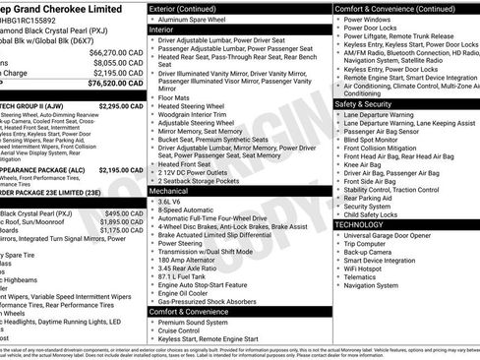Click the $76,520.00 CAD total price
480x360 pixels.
108,84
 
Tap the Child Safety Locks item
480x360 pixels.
375,214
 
